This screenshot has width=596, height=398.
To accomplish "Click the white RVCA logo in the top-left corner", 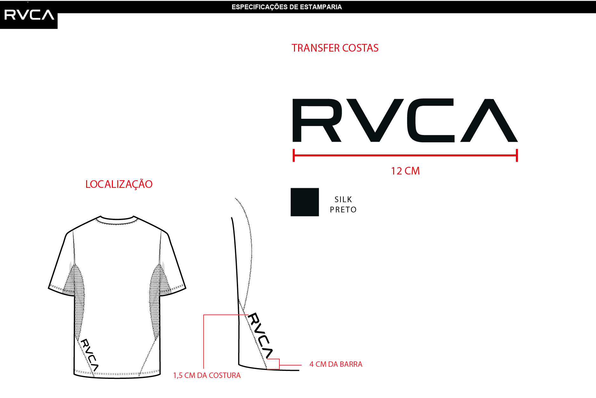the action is point(29,15).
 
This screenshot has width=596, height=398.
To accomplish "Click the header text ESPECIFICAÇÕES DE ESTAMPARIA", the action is point(287,7).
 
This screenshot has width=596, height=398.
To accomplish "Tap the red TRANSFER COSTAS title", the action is point(335,48).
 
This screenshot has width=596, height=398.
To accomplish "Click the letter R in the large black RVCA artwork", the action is point(317,120).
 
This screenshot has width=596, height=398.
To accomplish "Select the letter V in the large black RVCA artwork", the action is point(375,120).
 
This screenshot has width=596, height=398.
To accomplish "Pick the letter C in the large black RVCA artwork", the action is point(431,120).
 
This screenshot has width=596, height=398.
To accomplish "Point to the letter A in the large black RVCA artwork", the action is point(489,120).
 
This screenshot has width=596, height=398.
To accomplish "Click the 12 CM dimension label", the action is point(405,171).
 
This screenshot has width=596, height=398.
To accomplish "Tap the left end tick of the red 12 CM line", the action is point(294,155).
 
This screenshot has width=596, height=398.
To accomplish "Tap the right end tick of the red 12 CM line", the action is point(517,155).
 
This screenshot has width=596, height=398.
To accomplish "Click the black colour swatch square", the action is point(305,202).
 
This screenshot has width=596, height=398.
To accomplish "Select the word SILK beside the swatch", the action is point(343,199).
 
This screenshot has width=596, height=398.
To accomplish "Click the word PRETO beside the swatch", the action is point(343,210).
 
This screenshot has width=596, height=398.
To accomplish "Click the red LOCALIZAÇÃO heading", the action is point(119,184).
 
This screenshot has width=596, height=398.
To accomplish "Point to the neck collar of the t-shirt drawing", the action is point(117,219).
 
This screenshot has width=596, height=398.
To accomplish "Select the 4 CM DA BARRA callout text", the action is point(336,364).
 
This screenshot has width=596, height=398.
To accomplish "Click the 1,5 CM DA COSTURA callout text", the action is point(207,375).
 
